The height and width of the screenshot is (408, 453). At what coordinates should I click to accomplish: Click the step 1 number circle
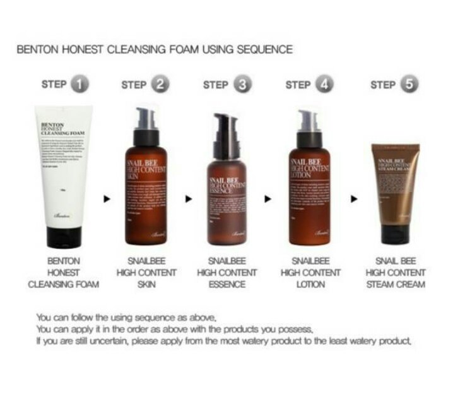click(x=79, y=85)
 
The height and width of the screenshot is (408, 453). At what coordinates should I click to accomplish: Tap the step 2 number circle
click(x=162, y=85)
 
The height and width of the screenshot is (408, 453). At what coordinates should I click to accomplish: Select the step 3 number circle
click(x=243, y=85)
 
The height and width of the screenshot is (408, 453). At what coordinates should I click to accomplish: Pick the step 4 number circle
click(x=325, y=85)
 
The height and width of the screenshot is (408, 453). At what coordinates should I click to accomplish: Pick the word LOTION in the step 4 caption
click(x=310, y=284)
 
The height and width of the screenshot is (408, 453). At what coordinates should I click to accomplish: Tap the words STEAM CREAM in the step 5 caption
click(x=396, y=284)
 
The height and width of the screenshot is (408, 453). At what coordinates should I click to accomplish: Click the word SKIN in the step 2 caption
click(x=146, y=284)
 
